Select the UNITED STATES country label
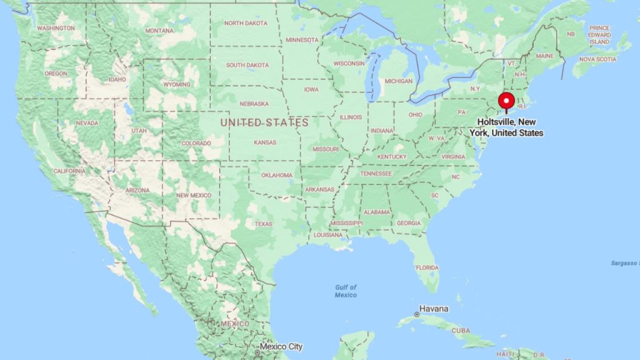[264, 122]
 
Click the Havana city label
[434, 309]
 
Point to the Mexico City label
[281, 346]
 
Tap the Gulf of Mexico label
[346, 291]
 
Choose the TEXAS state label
[263, 224]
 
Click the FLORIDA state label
[427, 267]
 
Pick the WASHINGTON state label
[56, 28]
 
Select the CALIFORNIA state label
[69, 171]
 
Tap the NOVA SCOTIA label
[597, 59]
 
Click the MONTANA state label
[159, 31]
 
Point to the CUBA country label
[461, 330]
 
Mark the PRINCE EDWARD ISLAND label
[599, 35]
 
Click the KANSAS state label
[264, 142]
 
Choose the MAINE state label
[544, 56]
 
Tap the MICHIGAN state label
[398, 81]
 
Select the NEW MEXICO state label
[194, 196]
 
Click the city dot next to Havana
[416, 314]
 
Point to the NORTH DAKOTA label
[246, 23]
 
